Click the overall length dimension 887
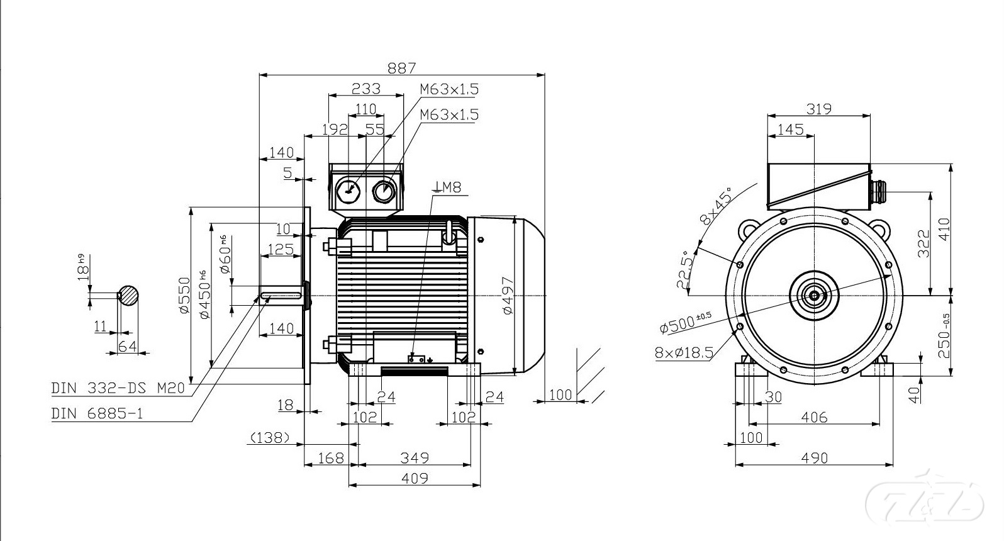pos(401,68)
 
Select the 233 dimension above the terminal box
pos(365,88)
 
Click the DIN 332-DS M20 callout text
pos(118,388)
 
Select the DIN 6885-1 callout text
pos(97,413)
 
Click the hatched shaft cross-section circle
pos(129,295)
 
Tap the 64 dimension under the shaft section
pos(128,347)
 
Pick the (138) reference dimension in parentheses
pos(270,437)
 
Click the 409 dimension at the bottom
pos(415,478)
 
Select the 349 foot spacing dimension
pos(415,458)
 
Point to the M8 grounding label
pos(447,187)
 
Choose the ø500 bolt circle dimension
pos(685,323)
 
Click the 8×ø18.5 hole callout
pos(684,352)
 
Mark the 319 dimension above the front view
pos(819,109)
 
